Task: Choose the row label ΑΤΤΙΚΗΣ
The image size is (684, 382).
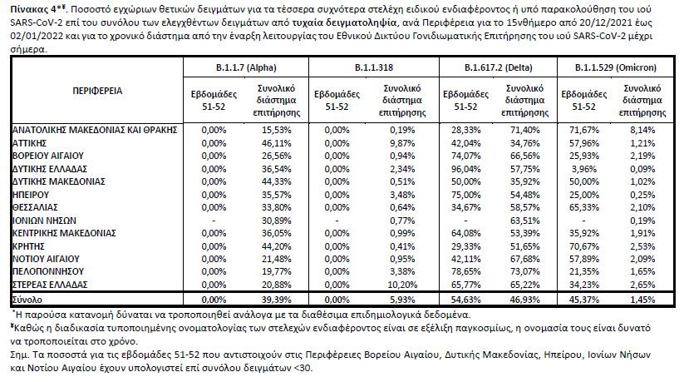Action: tap(31, 143)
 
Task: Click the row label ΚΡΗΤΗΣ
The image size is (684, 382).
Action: tap(29, 248)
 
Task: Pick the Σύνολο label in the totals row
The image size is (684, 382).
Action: tap(28, 297)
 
